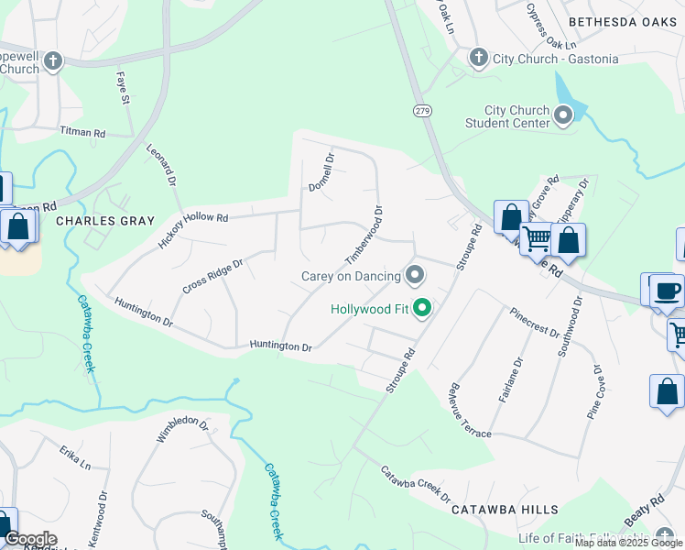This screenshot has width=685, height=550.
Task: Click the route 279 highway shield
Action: tap(421, 111)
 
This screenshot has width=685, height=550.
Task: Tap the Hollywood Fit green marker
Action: tap(422, 308)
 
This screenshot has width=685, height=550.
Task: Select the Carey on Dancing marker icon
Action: tap(415, 275)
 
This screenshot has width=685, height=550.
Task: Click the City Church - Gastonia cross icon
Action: tap(478, 59)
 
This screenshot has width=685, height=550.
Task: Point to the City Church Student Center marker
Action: tap(563, 115)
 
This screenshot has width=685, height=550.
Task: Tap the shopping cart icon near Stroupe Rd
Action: tap(538, 239)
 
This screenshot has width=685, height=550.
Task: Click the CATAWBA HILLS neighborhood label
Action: tap(511, 510)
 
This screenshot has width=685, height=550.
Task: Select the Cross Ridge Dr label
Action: tap(212, 276)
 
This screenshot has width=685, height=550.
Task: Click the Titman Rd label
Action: tap(82, 133)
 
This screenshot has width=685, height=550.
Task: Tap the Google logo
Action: tap(30, 539)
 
